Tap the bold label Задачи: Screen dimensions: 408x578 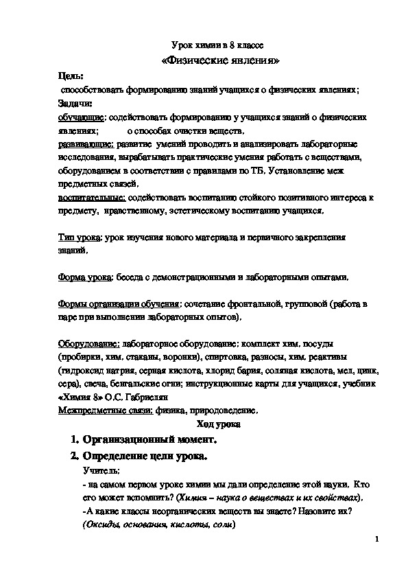pyautogui.click(x=75, y=103)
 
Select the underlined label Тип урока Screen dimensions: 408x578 pyautogui.click(x=79, y=238)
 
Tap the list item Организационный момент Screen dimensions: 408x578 pyautogui.click(x=149, y=439)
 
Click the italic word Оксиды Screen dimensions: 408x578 pyautogui.click(x=101, y=523)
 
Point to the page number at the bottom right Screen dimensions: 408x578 pyautogui.click(x=377, y=540)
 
